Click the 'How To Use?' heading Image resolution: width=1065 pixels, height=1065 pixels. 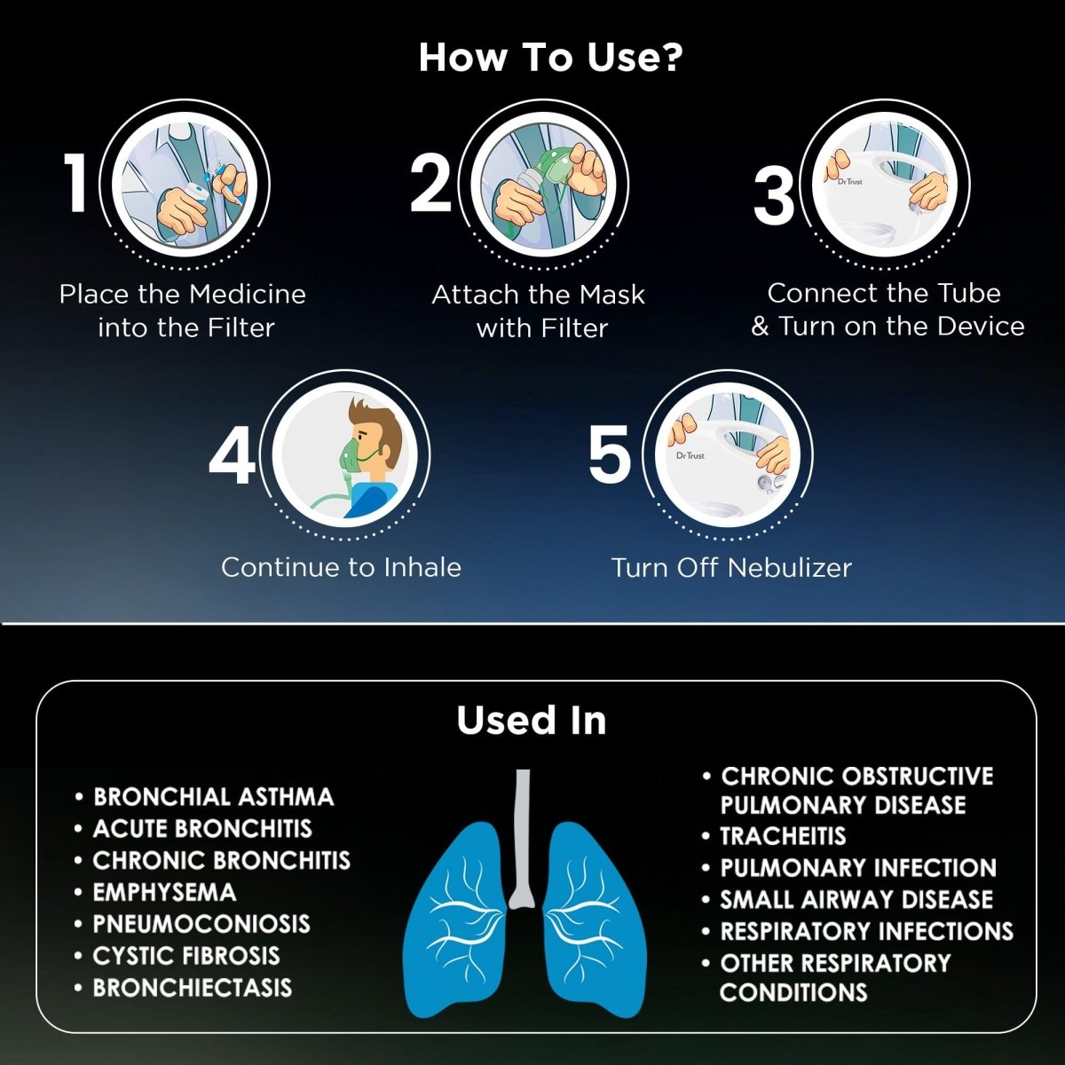tap(550, 58)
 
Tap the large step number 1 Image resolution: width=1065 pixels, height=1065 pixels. tap(77, 183)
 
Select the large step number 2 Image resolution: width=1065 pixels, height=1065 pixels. tap(431, 183)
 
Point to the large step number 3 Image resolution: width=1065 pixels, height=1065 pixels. tap(774, 195)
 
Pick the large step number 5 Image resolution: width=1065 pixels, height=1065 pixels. tap(610, 454)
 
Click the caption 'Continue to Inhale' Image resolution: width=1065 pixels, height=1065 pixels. tap(341, 568)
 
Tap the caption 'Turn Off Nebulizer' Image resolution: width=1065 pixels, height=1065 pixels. tap(731, 568)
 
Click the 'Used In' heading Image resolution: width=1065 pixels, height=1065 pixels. tap(532, 721)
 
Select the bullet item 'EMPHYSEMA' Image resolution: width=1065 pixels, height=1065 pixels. tap(164, 892)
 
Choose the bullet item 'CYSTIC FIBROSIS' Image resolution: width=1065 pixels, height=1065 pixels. tap(186, 956)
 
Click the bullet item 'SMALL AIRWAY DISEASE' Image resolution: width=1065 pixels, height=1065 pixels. tap(856, 900)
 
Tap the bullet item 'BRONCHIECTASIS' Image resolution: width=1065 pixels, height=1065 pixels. tap(192, 988)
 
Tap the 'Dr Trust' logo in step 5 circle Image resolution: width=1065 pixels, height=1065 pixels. tap(690, 456)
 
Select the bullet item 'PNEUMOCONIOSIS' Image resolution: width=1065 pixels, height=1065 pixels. tap(201, 924)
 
